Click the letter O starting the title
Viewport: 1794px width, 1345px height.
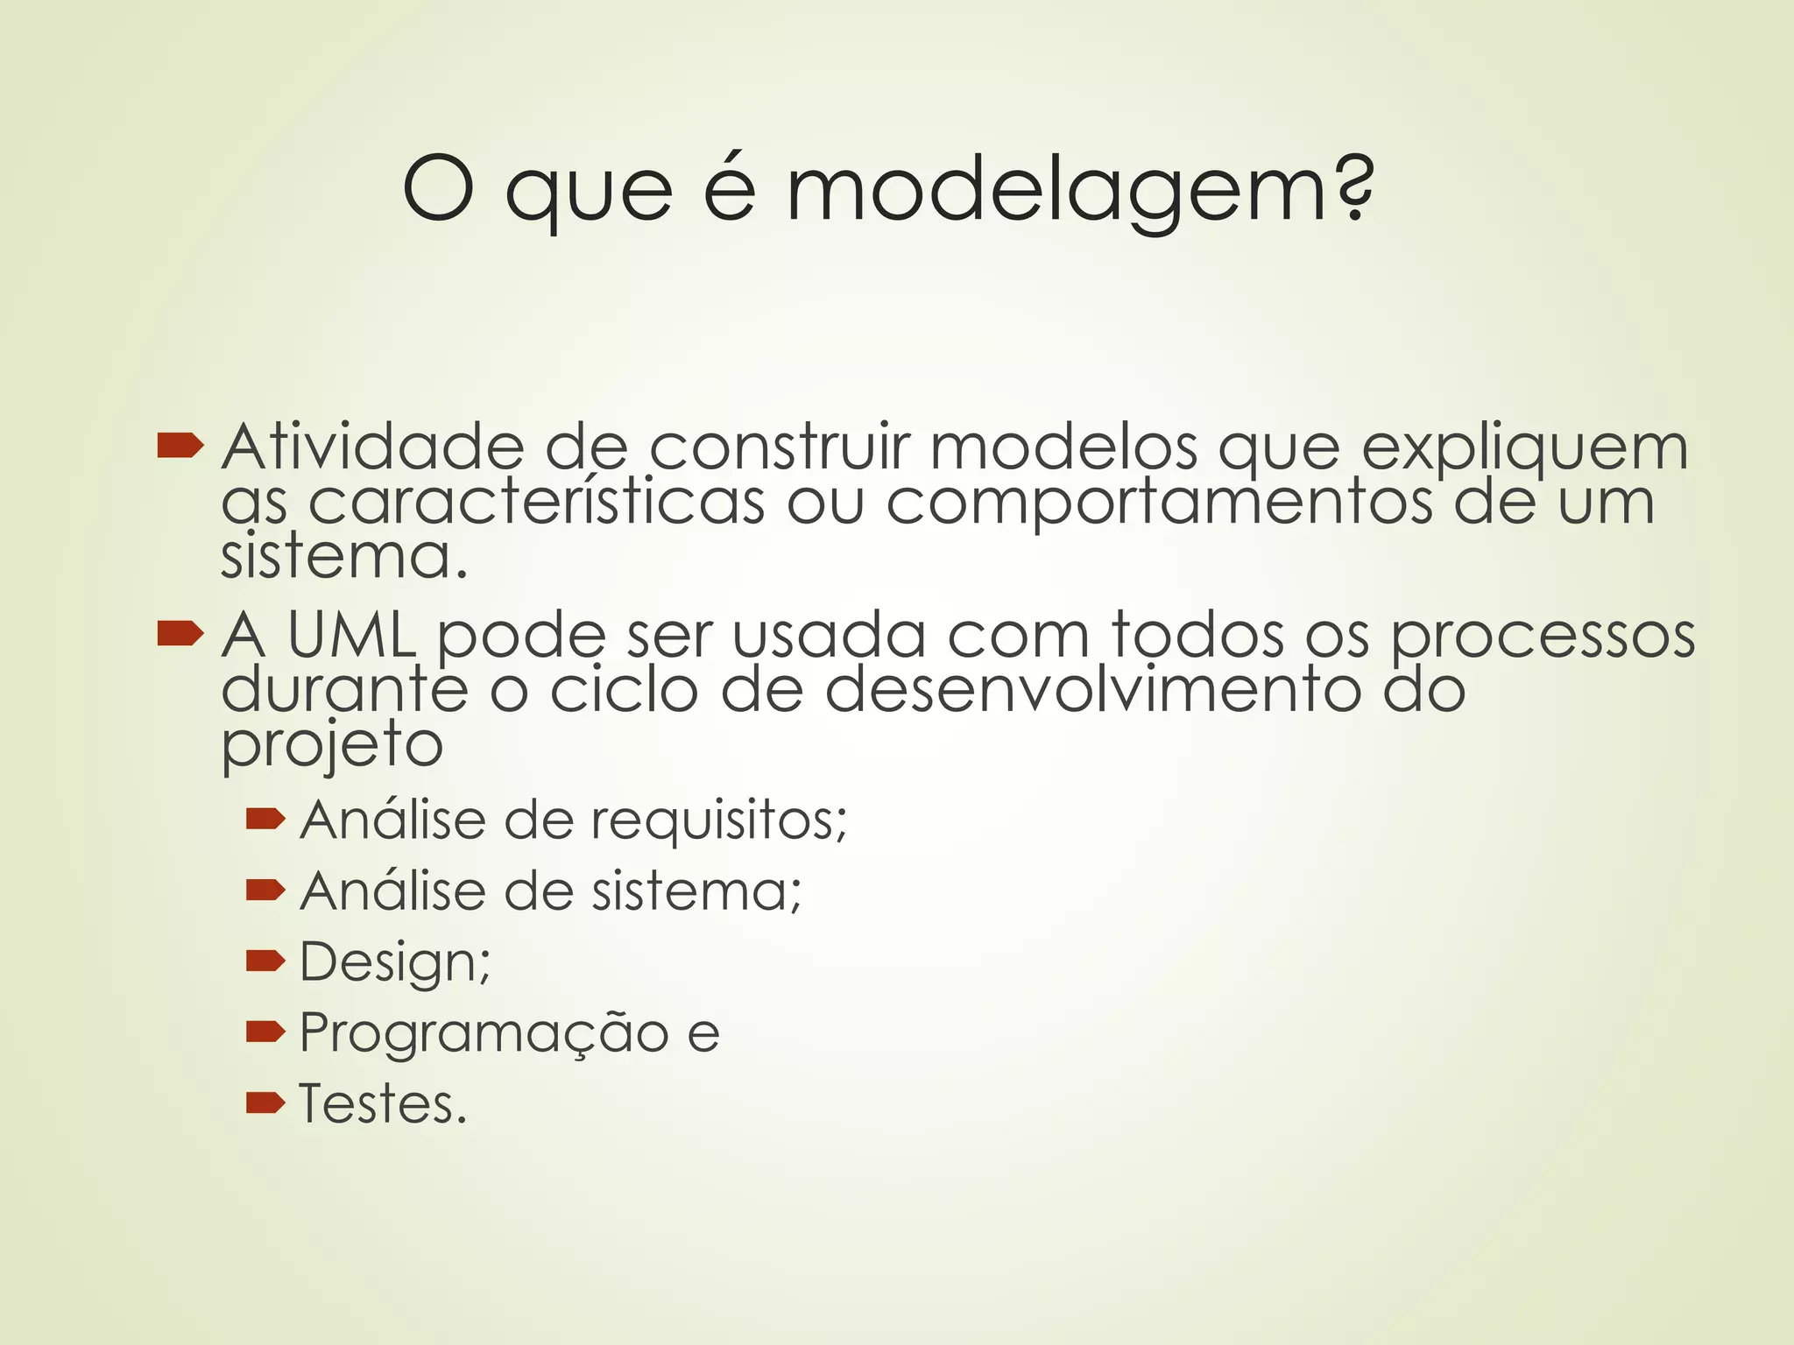438,189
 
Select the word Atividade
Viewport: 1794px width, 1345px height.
372,447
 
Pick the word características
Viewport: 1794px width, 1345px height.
536,503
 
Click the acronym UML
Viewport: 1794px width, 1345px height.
350,635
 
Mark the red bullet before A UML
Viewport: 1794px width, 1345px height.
180,635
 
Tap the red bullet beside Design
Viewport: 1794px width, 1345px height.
265,962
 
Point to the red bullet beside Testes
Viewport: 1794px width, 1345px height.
265,1103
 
